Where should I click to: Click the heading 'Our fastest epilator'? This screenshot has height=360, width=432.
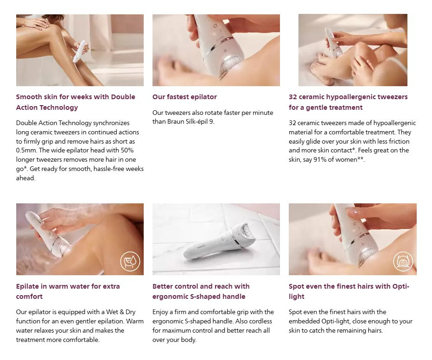pos(184,97)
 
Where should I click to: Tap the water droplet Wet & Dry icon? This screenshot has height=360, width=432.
pos(130,261)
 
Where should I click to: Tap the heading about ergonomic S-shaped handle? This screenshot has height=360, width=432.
pos(201,291)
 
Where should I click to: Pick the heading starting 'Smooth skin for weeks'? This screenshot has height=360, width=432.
pos(75,102)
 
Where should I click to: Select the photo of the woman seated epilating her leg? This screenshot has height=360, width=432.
pos(80,50)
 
